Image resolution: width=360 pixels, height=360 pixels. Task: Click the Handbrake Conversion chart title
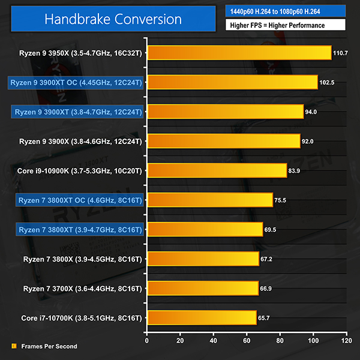pyautogui.click(x=113, y=19)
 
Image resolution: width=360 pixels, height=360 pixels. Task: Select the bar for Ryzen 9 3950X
pyautogui.click(x=239, y=53)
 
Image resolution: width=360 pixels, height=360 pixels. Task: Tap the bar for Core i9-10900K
pyautogui.click(x=217, y=170)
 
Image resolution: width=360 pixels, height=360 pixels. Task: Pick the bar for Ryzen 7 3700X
pyautogui.click(x=202, y=288)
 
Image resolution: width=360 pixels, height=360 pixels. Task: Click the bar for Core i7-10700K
pyautogui.click(x=201, y=317)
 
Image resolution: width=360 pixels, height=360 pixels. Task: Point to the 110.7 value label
pyautogui.click(x=341, y=53)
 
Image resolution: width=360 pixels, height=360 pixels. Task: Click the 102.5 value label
pyautogui.click(x=327, y=83)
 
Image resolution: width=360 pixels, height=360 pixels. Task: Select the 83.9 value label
pyautogui.click(x=296, y=171)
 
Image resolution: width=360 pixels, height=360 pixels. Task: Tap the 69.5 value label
pyautogui.click(x=272, y=230)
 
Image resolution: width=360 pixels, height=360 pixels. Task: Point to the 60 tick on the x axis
pyautogui.click(x=246, y=340)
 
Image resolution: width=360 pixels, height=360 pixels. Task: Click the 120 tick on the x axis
pyautogui.click(x=345, y=340)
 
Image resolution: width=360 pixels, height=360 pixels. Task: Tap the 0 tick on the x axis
pyautogui.click(x=147, y=340)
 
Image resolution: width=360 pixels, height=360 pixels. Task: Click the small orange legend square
pyautogui.click(x=14, y=346)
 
